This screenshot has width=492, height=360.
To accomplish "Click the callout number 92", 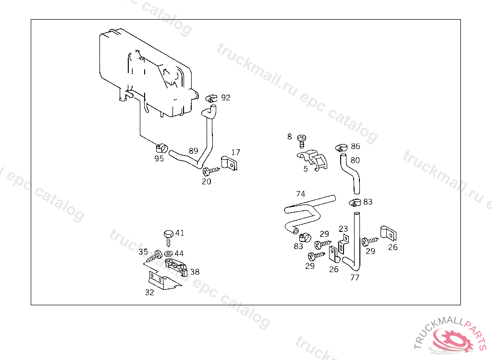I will coord(225,97).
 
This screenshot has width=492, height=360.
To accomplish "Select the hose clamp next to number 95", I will coord(161,147).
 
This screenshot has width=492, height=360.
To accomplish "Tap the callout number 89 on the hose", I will coord(193,151).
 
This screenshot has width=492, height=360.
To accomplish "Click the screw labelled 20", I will coord(210,171).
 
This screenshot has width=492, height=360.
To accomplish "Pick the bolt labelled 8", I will coord(301,140).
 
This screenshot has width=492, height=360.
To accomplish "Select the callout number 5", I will coord(306,169).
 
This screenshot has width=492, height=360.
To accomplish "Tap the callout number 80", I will coord(355,160).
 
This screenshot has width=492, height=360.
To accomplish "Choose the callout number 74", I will coord(301,194).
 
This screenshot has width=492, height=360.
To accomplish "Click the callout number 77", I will coord(355,277).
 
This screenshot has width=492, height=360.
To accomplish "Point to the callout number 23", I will coord(343,229).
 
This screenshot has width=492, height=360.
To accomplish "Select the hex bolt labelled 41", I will coord(168,236).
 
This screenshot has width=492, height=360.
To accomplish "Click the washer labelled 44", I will coord(168,253).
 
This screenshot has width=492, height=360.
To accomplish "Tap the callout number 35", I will coord(143,252).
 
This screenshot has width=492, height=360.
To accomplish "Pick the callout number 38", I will coord(195,272).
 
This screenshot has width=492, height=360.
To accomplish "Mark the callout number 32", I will coord(149,292).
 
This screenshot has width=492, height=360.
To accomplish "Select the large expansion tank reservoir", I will coord(144,72).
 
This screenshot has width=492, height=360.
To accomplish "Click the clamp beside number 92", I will coord(210,98).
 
